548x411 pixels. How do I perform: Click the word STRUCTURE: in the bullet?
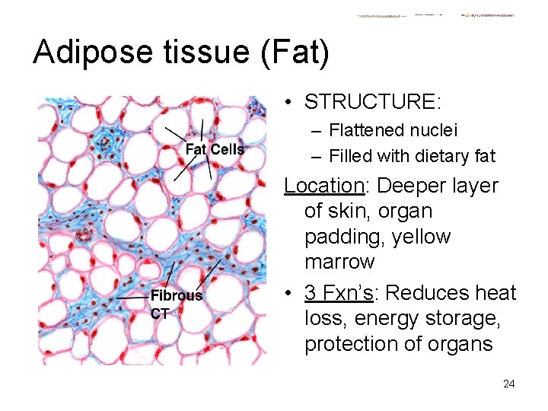(373, 101)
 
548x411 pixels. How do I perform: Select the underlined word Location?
(327, 186)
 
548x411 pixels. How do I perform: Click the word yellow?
(419, 237)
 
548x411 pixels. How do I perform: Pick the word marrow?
(339, 263)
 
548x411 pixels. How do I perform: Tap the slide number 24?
(508, 384)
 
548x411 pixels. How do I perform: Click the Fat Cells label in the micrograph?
(215, 149)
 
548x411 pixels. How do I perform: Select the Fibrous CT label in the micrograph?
(176, 303)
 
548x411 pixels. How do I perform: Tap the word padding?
(342, 237)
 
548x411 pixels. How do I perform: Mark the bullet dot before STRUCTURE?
(292, 101)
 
